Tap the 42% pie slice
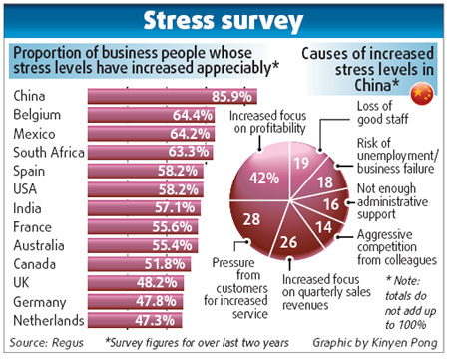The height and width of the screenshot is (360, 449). pos(263,180)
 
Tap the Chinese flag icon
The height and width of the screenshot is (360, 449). pos(425,95)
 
